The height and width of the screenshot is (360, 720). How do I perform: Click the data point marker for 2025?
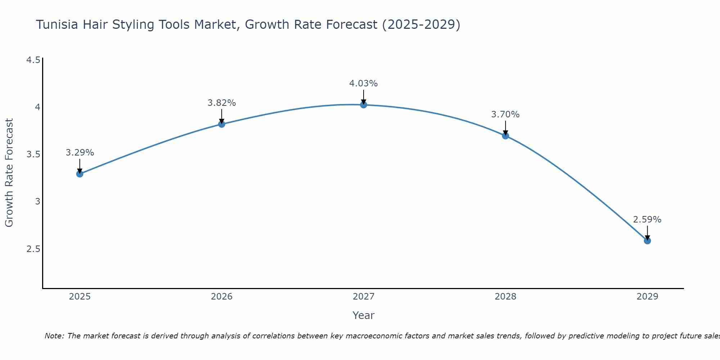(80, 174)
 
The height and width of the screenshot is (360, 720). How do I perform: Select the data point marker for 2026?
(221, 124)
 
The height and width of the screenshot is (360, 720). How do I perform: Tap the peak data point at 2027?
(363, 105)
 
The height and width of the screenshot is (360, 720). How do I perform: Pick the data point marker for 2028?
(505, 136)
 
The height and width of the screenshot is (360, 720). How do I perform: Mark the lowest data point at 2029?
(647, 240)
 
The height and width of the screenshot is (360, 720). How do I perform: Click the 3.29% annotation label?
(80, 153)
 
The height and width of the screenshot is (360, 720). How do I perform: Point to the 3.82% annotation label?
(221, 103)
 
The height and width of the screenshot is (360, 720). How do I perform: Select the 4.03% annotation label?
(363, 84)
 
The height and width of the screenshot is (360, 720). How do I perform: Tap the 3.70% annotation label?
(505, 114)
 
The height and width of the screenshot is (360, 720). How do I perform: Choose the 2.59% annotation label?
(647, 220)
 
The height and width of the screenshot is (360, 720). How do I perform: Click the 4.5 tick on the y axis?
(33, 60)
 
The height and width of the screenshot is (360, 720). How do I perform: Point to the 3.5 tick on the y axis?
(33, 154)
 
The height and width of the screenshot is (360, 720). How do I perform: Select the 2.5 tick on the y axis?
(33, 249)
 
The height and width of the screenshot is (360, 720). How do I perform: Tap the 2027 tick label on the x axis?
(363, 297)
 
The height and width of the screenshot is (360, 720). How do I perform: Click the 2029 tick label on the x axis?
(647, 297)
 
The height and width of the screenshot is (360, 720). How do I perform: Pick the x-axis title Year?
(363, 315)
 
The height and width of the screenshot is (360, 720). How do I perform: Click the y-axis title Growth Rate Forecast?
(9, 173)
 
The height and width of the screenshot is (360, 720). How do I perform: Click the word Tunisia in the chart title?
(57, 25)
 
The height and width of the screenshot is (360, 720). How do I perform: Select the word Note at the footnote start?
(54, 336)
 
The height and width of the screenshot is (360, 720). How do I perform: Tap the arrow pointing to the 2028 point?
(505, 128)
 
